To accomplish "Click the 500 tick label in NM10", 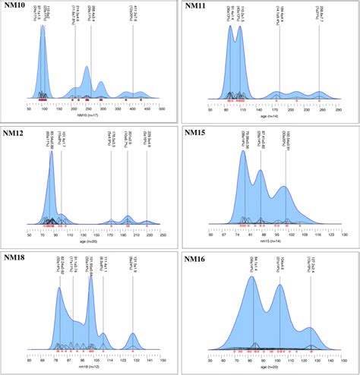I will coord(163,109).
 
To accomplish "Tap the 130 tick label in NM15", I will coord(343,234).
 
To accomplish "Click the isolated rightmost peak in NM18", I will coord(134,334).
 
